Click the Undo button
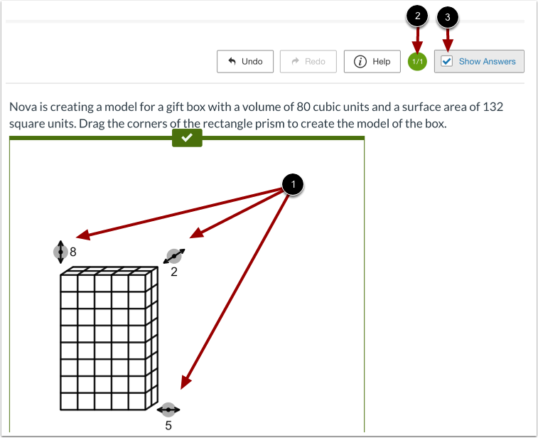(245, 62)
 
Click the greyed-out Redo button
(308, 62)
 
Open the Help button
(372, 62)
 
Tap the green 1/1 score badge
(418, 62)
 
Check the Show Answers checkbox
(447, 62)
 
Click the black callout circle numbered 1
(292, 185)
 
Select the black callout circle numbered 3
(447, 18)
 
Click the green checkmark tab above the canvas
(187, 139)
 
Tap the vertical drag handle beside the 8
(61, 251)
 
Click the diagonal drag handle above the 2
(174, 256)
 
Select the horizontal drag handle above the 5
(168, 410)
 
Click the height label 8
(72, 251)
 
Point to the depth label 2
(174, 272)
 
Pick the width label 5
(168, 425)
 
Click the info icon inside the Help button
(360, 62)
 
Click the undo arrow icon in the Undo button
(232, 62)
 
